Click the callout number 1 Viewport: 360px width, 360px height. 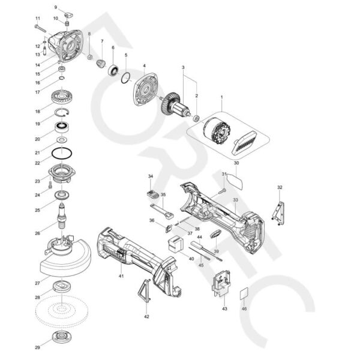221,97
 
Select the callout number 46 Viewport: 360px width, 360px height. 244,308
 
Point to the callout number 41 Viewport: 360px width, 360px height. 121,275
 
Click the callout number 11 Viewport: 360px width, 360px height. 38,19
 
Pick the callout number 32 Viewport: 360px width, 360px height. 280,187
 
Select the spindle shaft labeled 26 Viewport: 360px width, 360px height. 62,217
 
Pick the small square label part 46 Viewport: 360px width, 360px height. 244,294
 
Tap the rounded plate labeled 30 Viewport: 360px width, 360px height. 236,178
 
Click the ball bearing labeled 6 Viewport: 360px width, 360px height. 112,70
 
